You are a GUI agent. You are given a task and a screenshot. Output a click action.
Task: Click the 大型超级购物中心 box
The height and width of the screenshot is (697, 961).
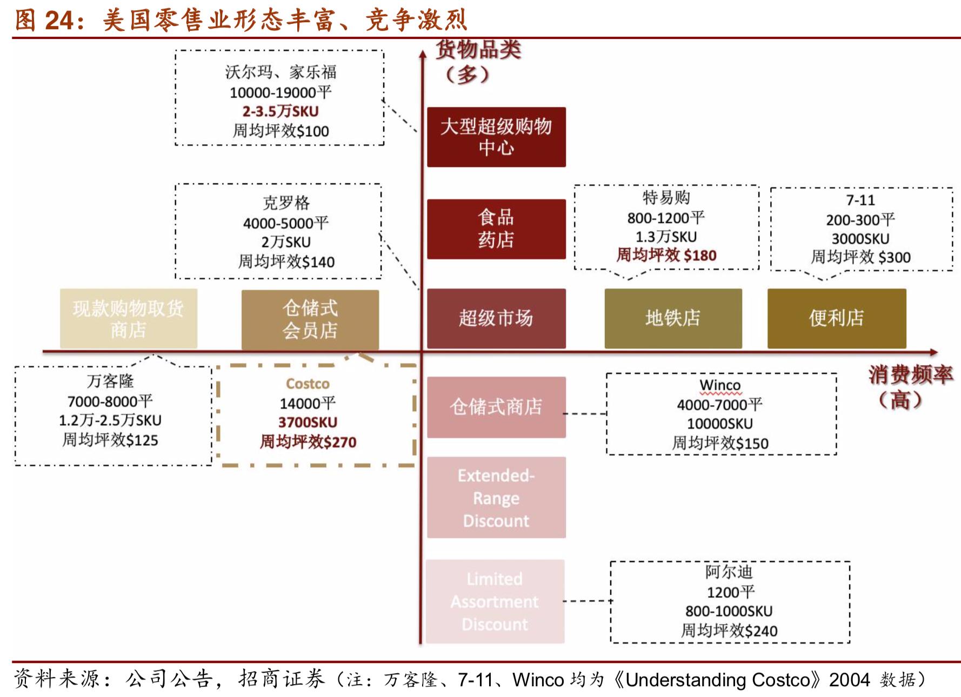tap(496, 137)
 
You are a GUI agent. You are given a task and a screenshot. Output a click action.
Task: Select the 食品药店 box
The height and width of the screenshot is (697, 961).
tap(496, 229)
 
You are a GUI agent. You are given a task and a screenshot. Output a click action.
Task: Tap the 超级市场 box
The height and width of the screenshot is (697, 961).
tap(496, 318)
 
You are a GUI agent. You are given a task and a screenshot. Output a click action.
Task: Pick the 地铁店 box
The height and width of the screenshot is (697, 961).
tap(672, 318)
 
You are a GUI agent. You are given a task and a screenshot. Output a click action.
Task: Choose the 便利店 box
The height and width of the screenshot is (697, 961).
tap(836, 318)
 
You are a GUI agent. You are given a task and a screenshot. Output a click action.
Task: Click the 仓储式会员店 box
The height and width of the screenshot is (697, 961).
tap(310, 319)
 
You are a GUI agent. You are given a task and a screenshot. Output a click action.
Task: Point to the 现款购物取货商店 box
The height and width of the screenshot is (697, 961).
tap(128, 318)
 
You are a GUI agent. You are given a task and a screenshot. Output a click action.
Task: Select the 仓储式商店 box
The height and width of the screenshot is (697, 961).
tap(496, 407)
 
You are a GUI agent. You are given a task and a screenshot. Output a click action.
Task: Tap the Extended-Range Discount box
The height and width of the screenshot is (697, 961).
tap(496, 498)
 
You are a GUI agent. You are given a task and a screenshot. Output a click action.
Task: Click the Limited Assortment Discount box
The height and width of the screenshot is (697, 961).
tap(495, 601)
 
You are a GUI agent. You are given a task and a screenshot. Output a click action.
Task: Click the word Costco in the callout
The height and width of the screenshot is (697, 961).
tap(308, 384)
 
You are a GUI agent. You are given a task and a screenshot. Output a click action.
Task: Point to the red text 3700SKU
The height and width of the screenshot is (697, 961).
tap(308, 423)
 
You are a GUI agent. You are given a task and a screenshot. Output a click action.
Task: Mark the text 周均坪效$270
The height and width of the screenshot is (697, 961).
tap(308, 442)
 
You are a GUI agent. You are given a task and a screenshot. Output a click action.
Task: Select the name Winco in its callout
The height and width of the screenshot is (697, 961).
tap(720, 385)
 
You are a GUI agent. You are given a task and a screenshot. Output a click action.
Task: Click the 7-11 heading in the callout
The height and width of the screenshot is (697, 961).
tap(860, 200)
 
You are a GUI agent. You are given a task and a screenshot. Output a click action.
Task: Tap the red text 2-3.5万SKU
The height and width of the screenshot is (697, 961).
tap(280, 111)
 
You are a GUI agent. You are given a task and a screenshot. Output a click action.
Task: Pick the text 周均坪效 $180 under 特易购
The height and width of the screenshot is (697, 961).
tap(666, 255)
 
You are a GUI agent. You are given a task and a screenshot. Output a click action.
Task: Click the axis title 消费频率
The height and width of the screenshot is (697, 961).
tap(910, 374)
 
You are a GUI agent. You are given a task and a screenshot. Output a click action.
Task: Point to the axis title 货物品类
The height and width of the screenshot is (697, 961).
tap(478, 50)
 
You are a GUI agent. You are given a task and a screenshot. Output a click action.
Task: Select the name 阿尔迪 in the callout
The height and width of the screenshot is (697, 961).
tap(729, 572)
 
